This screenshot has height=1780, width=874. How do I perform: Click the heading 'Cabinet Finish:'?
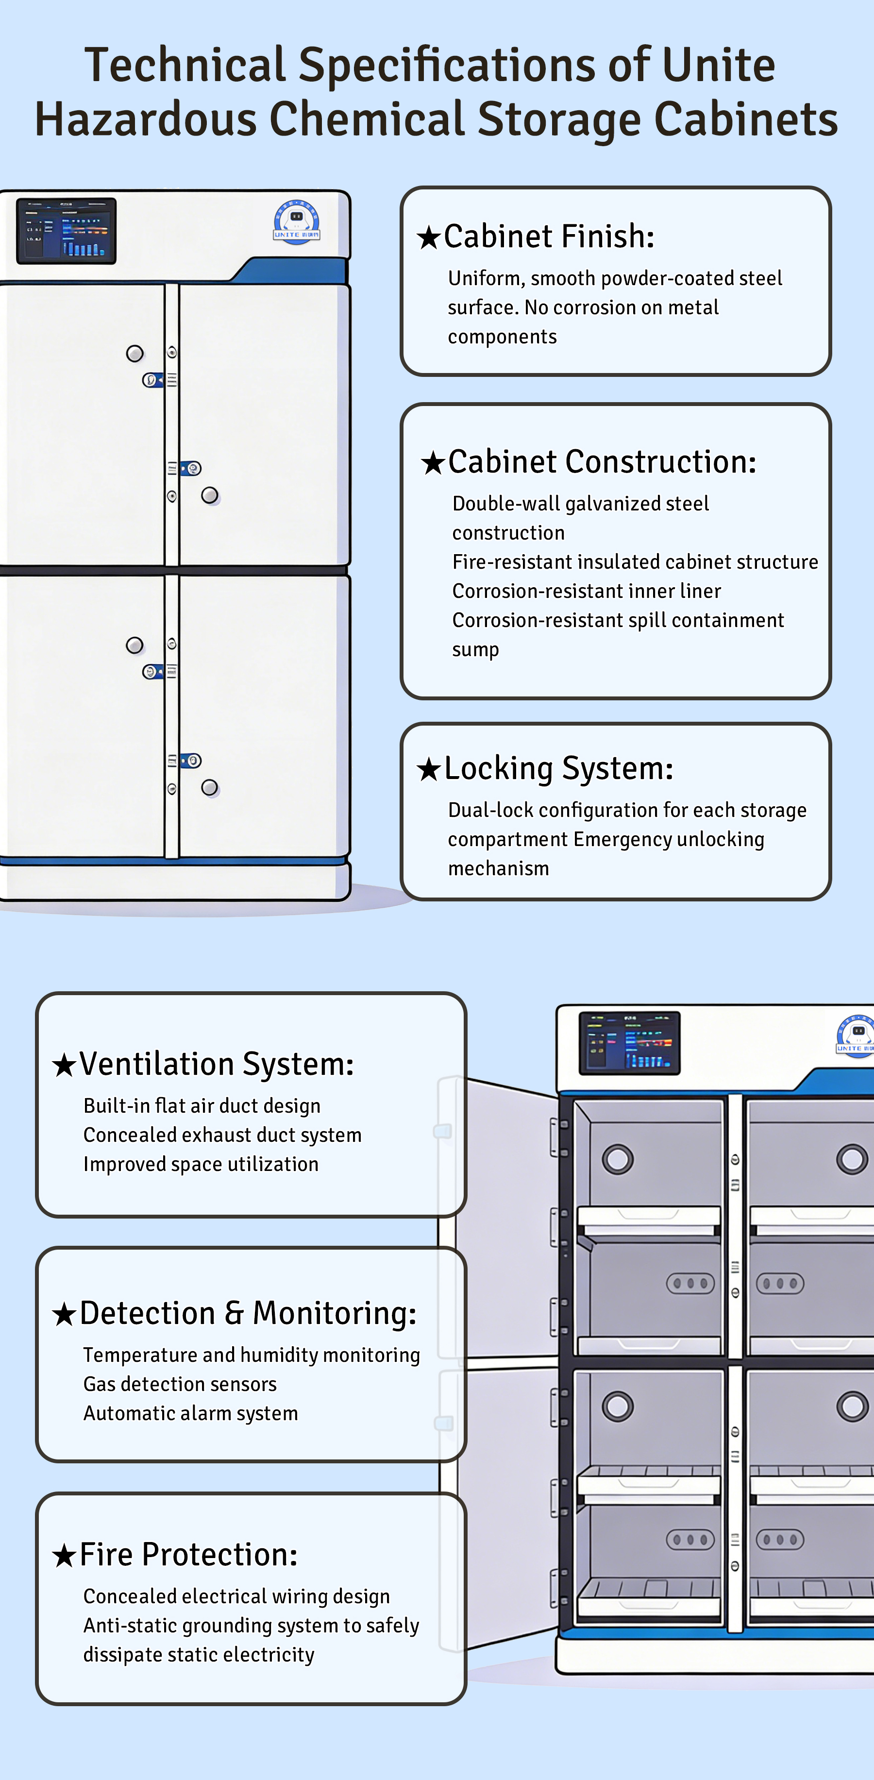point(549,237)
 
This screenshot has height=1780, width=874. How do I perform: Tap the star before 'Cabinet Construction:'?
point(433,463)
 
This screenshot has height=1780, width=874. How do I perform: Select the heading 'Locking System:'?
point(558,768)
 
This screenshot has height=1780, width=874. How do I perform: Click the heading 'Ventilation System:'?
point(216,1064)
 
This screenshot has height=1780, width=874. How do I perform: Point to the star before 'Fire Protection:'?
point(64,1556)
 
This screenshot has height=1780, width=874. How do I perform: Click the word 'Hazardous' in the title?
point(146,119)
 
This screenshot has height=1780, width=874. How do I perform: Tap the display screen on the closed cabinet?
point(67,231)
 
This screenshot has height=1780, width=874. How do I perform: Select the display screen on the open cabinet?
point(629,1043)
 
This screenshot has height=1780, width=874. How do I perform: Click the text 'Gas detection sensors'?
point(180,1384)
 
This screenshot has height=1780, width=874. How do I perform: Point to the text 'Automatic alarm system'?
point(191,1414)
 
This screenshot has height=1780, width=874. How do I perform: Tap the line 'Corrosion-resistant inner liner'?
point(587,591)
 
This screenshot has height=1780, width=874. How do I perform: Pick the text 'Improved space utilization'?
point(201,1164)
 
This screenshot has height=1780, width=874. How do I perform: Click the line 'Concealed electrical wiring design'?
point(236,1596)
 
